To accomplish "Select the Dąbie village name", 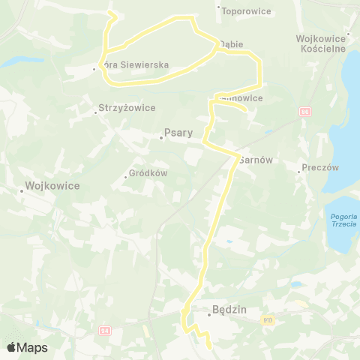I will (x=232, y=44).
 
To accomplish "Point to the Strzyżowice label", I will (x=127, y=108).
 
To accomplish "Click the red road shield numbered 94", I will (x=105, y=329).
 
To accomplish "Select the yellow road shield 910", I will (x=268, y=319).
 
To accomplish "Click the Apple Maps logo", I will (x=27, y=347).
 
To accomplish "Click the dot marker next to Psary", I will (x=160, y=137).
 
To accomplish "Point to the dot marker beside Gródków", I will (x=125, y=177).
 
